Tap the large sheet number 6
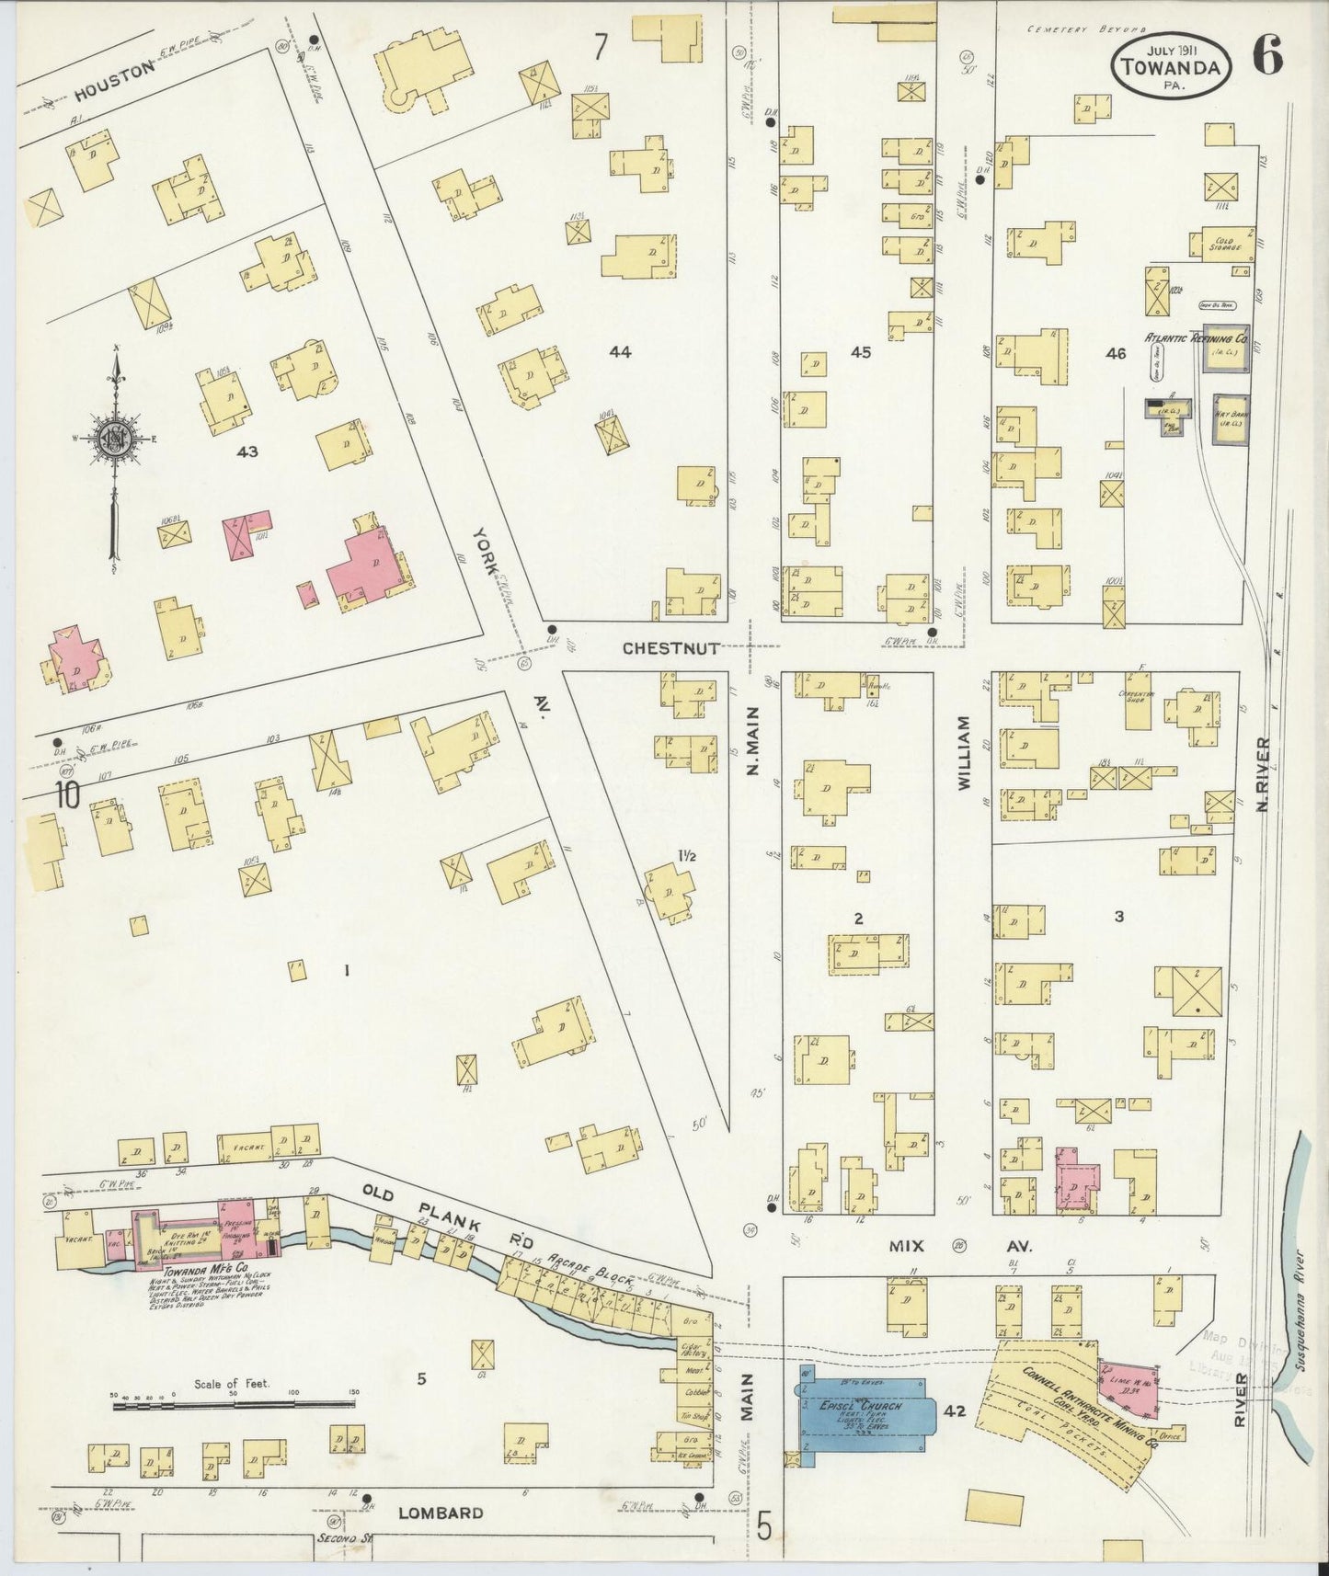pos(1266,57)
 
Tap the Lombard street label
pos(441,1513)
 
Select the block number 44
pos(620,351)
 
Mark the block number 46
pos(1116,353)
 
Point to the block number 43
pos(246,451)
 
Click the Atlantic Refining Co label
pos(1195,337)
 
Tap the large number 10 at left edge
pos(65,793)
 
